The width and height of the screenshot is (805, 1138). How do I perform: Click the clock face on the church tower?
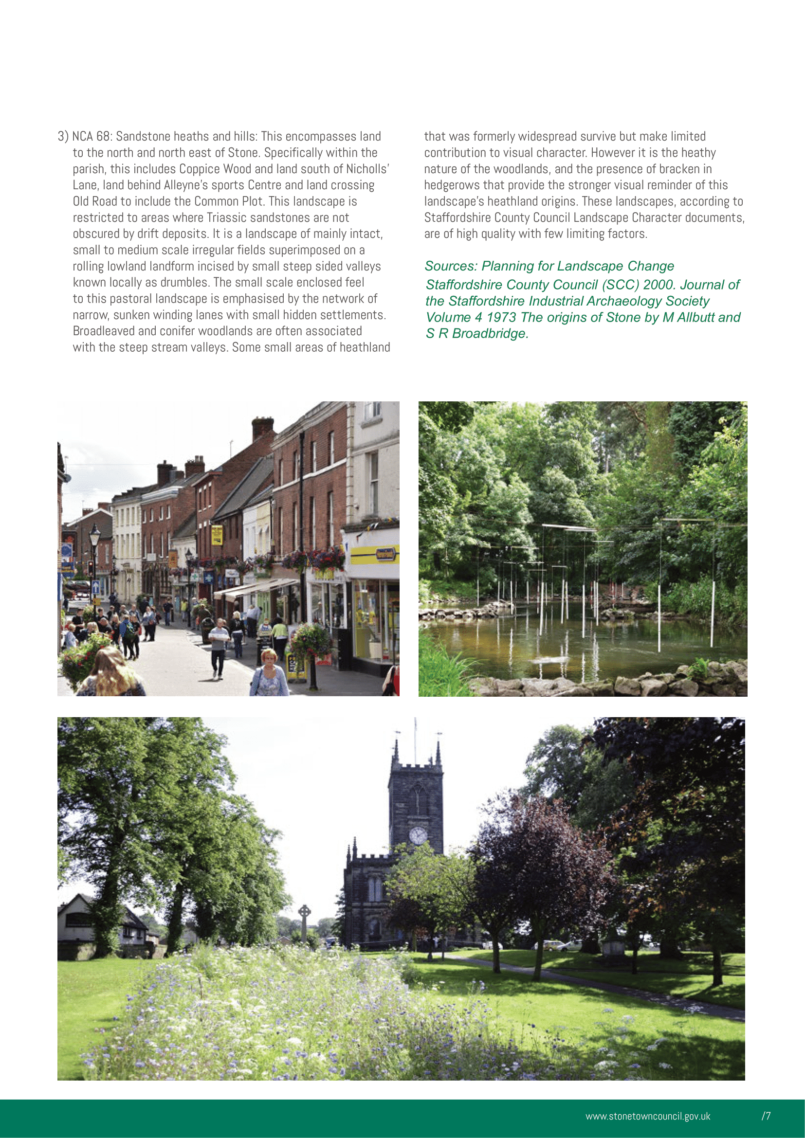418,835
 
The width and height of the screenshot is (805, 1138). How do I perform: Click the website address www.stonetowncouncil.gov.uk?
647,1116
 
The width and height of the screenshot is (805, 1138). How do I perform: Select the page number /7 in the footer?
766,1116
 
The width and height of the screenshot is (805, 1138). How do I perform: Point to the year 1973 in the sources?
500,317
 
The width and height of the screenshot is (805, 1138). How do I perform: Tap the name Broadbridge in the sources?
490,334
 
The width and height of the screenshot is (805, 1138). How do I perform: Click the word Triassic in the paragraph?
230,217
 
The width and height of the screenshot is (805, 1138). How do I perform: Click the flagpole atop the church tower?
415,739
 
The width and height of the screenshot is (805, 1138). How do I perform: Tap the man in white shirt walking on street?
218,650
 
